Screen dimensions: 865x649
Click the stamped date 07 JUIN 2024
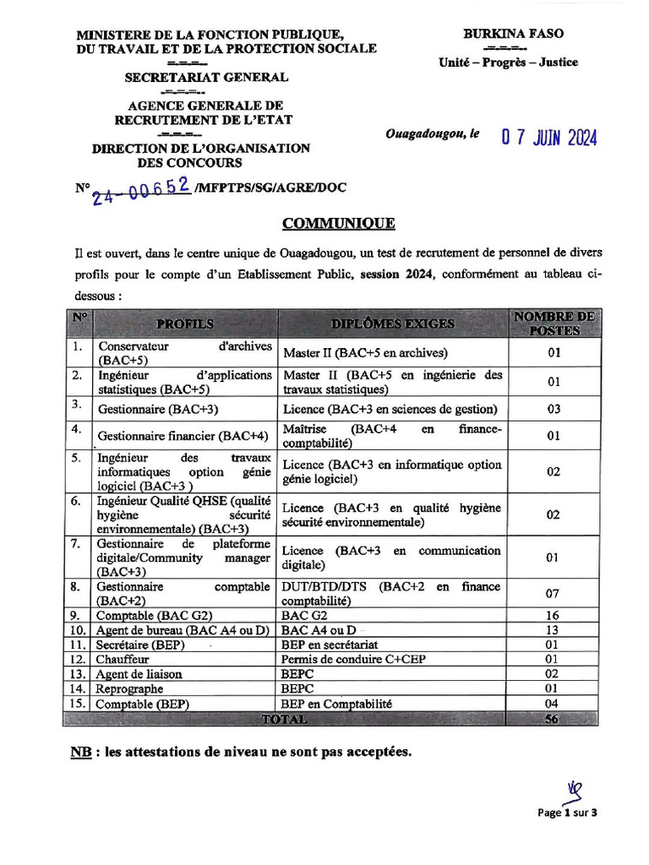(x=549, y=138)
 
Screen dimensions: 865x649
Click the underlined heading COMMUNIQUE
(x=338, y=223)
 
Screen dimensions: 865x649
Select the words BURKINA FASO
(x=513, y=34)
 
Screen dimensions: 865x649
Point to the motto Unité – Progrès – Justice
(x=508, y=62)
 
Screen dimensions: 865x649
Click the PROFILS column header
(x=184, y=324)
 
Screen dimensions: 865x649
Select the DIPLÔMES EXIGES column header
(x=393, y=324)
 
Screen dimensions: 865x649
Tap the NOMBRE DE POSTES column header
(x=554, y=324)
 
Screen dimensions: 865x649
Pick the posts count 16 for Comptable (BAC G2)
(x=554, y=616)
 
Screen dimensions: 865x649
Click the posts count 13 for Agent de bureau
(x=554, y=630)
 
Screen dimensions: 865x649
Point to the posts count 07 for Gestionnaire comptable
(x=554, y=594)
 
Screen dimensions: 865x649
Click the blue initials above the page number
(x=575, y=791)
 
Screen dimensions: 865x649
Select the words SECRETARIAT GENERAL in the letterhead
(x=206, y=78)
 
